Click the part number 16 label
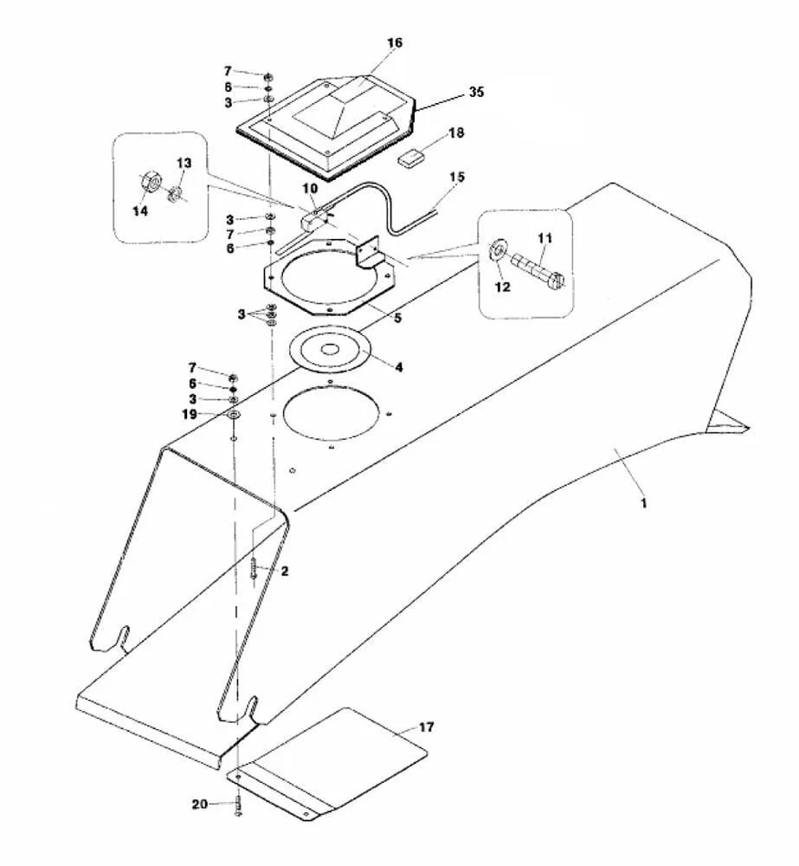pos(395,42)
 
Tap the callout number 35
pos(476,92)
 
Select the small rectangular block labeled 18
pos(410,158)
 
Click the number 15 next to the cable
pos(457,177)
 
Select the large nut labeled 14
pos(149,182)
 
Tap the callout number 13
pos(184,163)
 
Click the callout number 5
pos(397,319)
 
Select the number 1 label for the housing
pos(643,503)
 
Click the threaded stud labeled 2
pos(254,568)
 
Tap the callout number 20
pos(199,805)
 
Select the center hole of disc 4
pos(330,348)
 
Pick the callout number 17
pos(426,727)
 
